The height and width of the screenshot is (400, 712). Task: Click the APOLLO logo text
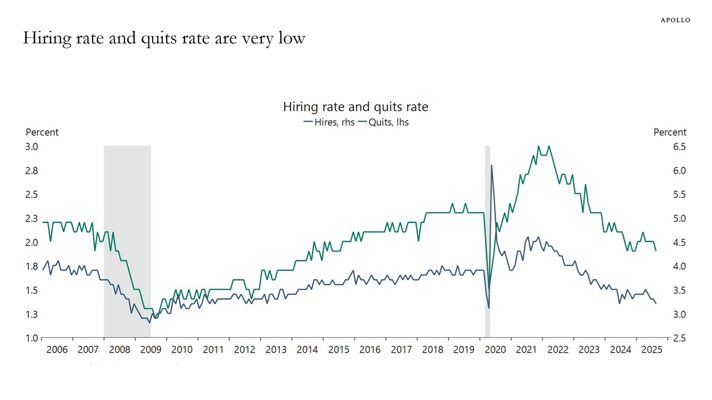[675, 20]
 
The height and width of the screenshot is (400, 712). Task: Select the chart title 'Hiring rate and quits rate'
[355, 107]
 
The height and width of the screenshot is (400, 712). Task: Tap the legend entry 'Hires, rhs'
[329, 122]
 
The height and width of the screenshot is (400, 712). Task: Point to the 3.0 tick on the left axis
[32, 147]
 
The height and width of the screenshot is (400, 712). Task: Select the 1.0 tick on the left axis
[32, 339]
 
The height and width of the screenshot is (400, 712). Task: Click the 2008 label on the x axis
[119, 349]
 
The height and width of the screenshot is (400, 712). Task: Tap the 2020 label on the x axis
[495, 349]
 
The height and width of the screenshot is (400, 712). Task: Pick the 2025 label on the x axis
[652, 349]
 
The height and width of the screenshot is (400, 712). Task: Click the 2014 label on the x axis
[307, 349]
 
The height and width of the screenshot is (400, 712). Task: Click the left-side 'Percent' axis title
[42, 132]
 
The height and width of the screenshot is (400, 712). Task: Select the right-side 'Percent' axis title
[670, 132]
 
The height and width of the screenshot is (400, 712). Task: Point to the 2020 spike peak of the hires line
[492, 166]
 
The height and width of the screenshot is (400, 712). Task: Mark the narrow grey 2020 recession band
[488, 240]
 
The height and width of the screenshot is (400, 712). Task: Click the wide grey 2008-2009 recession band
[127, 240]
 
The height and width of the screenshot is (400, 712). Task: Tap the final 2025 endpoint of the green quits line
[656, 251]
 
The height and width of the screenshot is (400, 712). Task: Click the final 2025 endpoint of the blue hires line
[656, 303]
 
